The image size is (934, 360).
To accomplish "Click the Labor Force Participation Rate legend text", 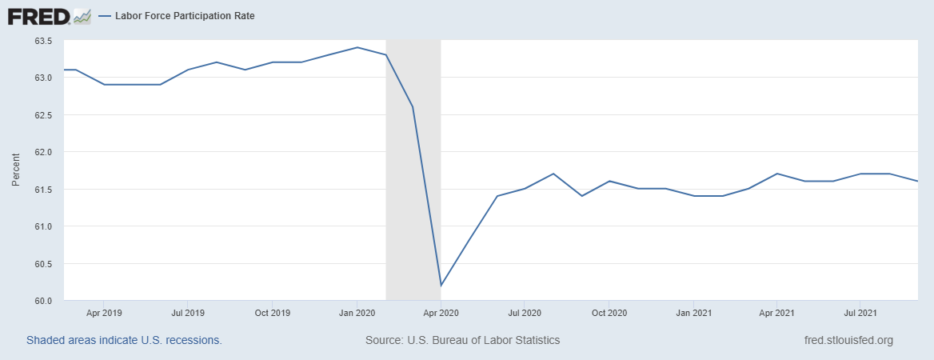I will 185,15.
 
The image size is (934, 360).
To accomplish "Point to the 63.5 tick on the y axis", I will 42,41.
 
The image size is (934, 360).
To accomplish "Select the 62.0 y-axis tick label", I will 42,152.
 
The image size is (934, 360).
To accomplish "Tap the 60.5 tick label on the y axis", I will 42,264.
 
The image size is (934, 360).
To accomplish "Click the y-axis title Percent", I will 15,170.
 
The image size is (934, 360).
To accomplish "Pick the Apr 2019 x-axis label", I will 103,313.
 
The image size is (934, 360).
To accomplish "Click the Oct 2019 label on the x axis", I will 272,313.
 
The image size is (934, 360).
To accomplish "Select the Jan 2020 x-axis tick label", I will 357,313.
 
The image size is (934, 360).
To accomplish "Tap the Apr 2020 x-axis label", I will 441,313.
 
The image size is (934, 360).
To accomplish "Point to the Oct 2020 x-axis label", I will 609,313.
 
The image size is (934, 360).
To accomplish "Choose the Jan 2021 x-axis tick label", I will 693,313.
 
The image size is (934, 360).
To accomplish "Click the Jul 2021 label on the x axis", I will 860,313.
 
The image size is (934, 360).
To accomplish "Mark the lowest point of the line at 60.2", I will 441,286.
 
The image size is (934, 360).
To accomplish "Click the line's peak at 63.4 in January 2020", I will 357,47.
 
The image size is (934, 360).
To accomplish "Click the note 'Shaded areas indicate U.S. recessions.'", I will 124,340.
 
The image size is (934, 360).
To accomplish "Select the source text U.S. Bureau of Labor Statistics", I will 462,340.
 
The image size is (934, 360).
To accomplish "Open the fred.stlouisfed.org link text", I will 848,340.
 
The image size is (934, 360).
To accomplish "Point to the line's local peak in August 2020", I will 553,174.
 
